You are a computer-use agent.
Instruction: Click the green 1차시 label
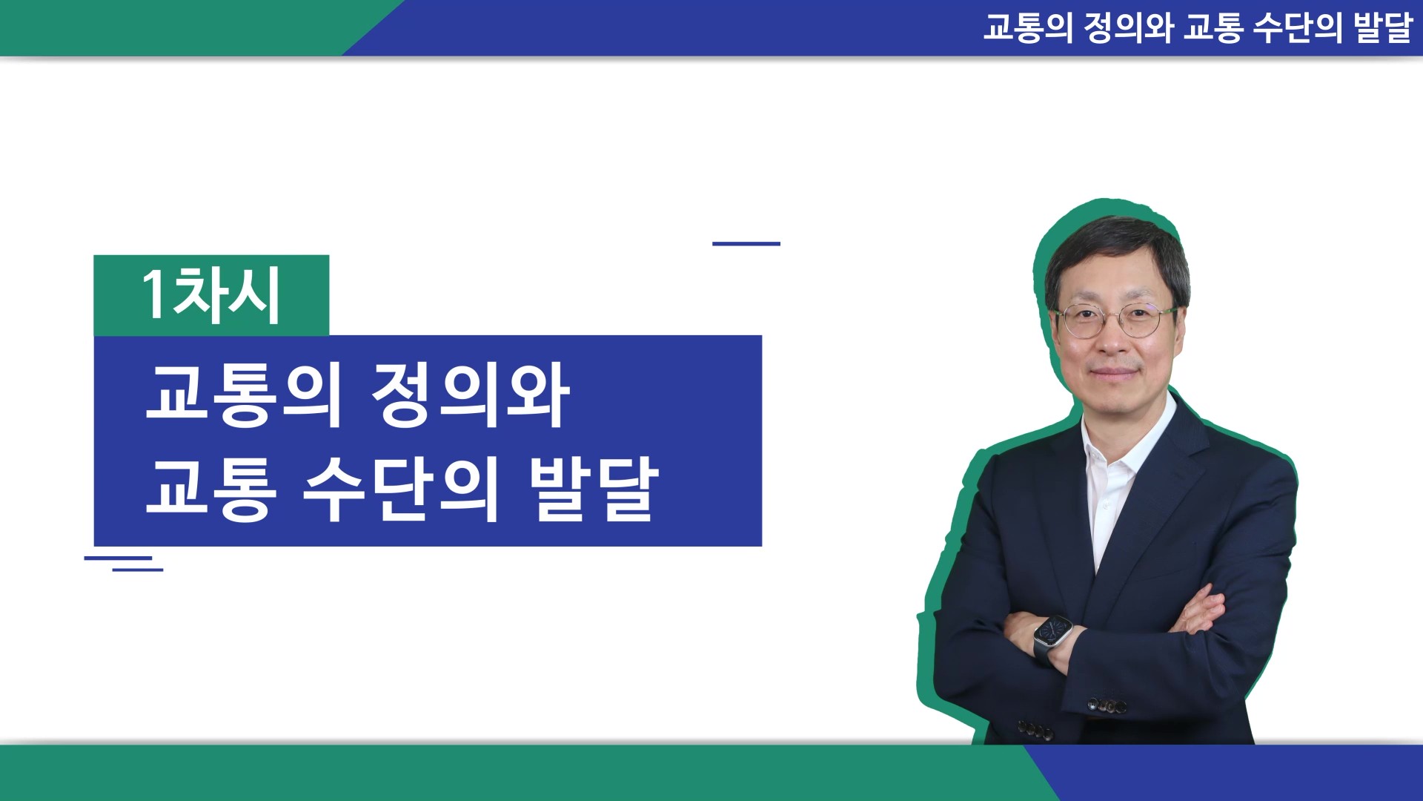coord(211,295)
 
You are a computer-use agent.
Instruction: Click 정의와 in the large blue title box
coord(470,395)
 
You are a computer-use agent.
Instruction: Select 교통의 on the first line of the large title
coord(244,395)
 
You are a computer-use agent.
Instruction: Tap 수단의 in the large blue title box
coord(400,489)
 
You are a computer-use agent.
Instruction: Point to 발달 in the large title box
coord(594,489)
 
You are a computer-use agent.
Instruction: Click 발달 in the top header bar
coord(1383,27)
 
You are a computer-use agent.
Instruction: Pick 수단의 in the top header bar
coord(1298,27)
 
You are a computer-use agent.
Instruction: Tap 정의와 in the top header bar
coord(1129,27)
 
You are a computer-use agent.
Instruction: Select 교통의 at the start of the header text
coord(1028,27)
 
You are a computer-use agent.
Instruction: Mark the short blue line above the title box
coord(746,243)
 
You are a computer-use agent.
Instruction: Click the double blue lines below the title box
coord(124,564)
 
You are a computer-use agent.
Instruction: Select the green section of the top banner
coord(185,27)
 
